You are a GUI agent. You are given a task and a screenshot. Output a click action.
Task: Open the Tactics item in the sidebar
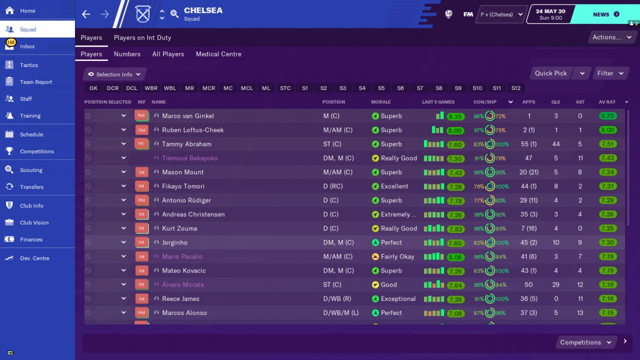(28, 65)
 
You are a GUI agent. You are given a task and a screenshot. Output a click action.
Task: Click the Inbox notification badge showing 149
(11, 42)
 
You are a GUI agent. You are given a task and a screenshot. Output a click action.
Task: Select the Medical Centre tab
(218, 54)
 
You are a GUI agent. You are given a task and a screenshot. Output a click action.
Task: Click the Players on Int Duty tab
(142, 37)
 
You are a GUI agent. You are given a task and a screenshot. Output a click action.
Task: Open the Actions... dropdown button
(611, 37)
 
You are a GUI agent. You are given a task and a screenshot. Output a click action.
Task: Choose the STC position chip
(285, 88)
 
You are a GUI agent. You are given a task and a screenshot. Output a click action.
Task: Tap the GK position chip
(93, 88)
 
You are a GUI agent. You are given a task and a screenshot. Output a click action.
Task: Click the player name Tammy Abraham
(186, 144)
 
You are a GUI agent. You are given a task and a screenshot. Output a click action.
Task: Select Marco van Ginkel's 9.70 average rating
(607, 116)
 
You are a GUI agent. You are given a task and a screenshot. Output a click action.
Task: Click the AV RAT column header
(607, 102)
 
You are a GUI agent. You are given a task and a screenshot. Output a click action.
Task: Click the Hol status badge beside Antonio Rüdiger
(142, 200)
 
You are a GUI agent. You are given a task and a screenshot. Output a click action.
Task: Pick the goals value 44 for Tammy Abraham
(555, 144)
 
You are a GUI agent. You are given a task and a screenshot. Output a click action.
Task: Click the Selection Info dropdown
(114, 74)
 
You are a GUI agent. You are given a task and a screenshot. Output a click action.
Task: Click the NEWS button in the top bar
(605, 14)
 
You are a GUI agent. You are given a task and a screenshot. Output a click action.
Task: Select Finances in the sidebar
(31, 239)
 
